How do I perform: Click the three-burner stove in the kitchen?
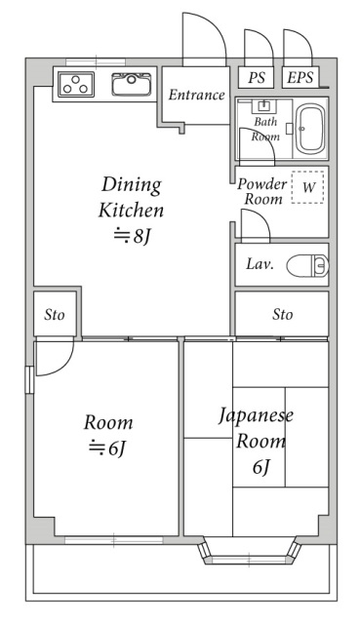(x=76, y=85)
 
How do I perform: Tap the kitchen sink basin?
(x=132, y=84)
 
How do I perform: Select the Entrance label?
(x=196, y=95)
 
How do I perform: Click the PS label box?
(x=256, y=77)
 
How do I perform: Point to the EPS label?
(x=300, y=78)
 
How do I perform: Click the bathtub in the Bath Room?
(x=310, y=129)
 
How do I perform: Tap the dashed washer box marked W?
(x=307, y=187)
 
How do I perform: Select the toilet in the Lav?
(x=307, y=265)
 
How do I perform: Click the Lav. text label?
(x=260, y=264)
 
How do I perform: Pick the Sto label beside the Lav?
(x=282, y=314)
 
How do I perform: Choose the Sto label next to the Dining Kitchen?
(x=55, y=315)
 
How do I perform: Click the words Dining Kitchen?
(x=131, y=197)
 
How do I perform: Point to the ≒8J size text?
(x=132, y=236)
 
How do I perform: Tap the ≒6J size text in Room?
(x=107, y=448)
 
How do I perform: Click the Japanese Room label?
(x=256, y=429)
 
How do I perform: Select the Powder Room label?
(x=261, y=191)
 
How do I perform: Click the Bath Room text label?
(x=265, y=129)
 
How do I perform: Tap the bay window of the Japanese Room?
(x=250, y=551)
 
